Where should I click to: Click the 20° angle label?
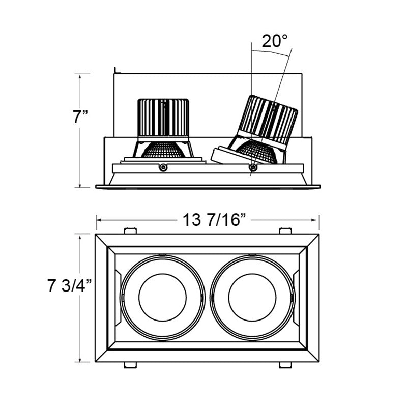pyautogui.click(x=275, y=41)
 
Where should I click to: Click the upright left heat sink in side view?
pyautogui.click(x=163, y=118)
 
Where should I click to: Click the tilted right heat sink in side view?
pyautogui.click(x=270, y=119)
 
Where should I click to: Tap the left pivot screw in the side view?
pyautogui.click(x=163, y=167)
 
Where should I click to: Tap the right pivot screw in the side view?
pyautogui.click(x=253, y=167)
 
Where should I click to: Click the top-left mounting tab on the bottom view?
pyautogui.click(x=131, y=231)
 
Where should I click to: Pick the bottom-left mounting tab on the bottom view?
pyautogui.click(x=131, y=364)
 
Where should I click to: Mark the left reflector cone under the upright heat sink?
pyautogui.click(x=163, y=149)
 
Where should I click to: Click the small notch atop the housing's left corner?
pyautogui.click(x=116, y=70)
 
